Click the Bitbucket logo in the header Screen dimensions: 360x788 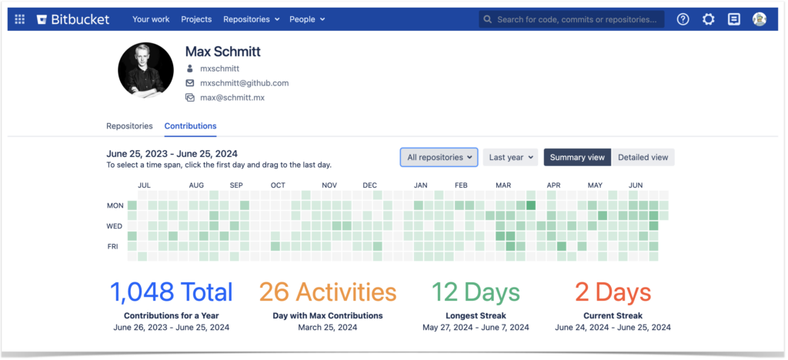(72, 19)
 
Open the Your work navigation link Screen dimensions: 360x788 (151, 19)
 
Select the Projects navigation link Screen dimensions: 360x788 (196, 19)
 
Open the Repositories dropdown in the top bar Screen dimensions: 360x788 (251, 19)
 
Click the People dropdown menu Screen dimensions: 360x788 (307, 19)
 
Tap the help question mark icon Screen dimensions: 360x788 (683, 19)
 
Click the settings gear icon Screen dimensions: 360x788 (708, 19)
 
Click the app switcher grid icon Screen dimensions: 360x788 (20, 19)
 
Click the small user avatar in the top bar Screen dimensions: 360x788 (759, 19)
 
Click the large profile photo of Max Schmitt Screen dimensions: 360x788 (145, 70)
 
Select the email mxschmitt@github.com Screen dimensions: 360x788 (244, 83)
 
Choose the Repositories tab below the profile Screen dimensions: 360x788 (129, 126)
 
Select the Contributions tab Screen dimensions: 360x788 (190, 126)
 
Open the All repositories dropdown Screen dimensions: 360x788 (439, 158)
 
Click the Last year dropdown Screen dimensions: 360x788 (510, 158)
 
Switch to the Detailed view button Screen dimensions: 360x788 (643, 158)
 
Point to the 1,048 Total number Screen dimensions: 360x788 (171, 292)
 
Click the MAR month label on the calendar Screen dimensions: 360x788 (503, 185)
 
